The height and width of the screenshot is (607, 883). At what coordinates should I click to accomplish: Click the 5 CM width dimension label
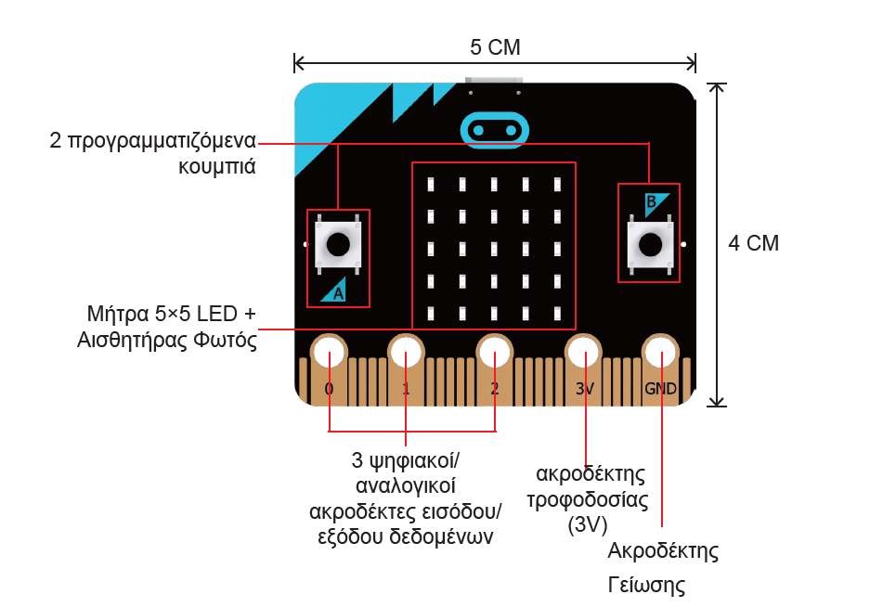(x=495, y=47)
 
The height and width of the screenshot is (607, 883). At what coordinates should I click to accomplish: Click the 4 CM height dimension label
(x=754, y=243)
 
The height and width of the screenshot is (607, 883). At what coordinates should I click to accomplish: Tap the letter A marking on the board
(x=338, y=293)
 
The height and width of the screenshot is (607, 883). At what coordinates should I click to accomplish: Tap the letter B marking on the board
(x=651, y=201)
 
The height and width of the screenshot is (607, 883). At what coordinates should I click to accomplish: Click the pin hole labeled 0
(x=329, y=353)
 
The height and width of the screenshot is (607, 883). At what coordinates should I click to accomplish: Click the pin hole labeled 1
(x=406, y=353)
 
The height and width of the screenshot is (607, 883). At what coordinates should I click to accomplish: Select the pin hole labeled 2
(x=494, y=353)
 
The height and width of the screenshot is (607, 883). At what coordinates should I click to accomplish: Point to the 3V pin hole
(x=583, y=353)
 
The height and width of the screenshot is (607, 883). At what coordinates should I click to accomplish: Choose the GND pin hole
(x=660, y=353)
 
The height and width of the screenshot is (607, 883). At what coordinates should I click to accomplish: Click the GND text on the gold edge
(x=660, y=389)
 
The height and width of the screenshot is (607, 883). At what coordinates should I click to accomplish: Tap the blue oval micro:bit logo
(x=495, y=131)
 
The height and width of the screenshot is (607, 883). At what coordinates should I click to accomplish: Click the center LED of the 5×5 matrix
(x=494, y=249)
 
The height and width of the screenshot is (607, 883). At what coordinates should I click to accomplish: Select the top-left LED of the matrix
(x=431, y=184)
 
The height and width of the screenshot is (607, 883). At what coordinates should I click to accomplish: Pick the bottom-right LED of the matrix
(x=557, y=313)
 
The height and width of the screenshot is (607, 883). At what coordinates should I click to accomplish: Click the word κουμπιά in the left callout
(x=217, y=167)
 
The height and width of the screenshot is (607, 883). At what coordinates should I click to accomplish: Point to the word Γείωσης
(x=646, y=586)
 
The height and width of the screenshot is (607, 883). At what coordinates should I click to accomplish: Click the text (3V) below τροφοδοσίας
(x=588, y=524)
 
